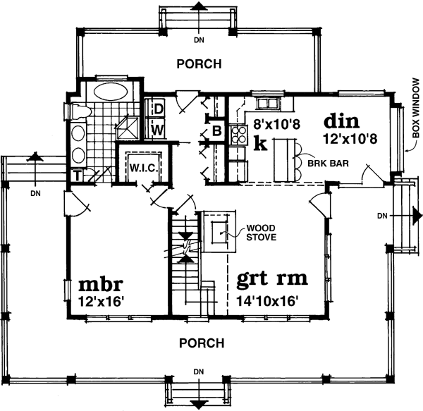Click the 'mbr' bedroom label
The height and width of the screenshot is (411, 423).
click(x=101, y=286)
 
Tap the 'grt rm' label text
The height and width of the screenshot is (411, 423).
click(x=273, y=278)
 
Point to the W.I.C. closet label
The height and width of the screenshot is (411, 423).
click(x=142, y=168)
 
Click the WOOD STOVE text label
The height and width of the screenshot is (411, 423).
click(x=260, y=232)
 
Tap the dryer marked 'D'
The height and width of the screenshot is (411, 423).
click(x=159, y=109)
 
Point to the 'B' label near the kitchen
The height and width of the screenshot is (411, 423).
click(x=217, y=130)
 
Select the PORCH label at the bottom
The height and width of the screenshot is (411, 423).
click(x=201, y=343)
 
